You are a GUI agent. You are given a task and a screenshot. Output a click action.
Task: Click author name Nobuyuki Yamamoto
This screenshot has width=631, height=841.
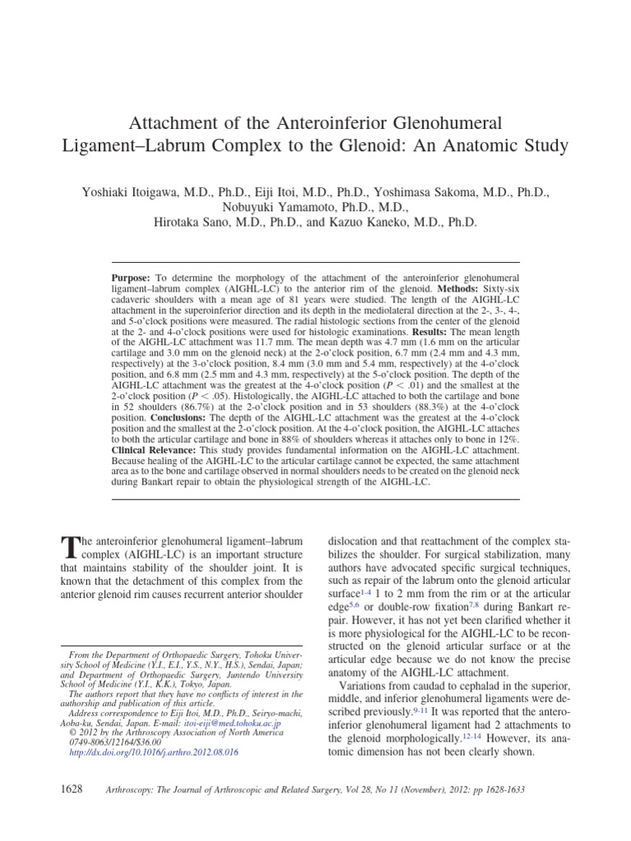point(274,206)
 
